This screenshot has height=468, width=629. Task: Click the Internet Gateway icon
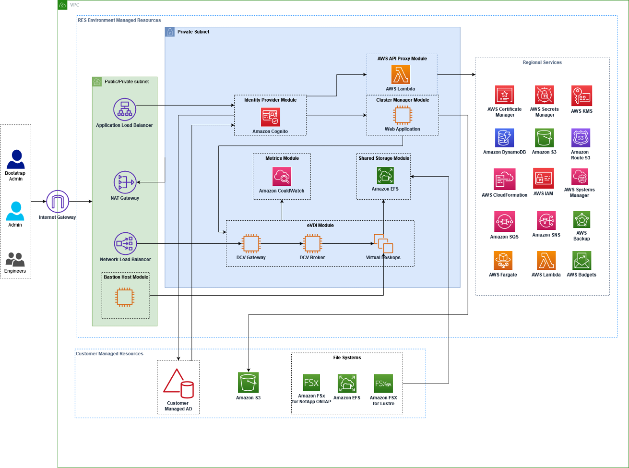click(58, 201)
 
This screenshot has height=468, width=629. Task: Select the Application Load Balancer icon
click(125, 109)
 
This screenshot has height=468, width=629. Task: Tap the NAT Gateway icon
click(125, 182)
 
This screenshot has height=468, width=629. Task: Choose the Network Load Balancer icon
click(125, 243)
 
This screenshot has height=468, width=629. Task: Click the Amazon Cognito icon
click(270, 117)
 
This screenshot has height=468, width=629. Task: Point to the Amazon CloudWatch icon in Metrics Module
click(282, 176)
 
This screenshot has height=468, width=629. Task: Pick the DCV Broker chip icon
click(312, 243)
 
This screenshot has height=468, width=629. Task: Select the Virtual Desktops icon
click(383, 243)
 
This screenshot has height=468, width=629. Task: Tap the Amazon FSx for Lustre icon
click(383, 384)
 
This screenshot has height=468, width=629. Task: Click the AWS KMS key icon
click(582, 96)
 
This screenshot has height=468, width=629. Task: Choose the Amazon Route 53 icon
click(581, 138)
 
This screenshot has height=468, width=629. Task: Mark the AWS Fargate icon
click(503, 260)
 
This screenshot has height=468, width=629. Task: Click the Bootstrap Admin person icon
click(16, 159)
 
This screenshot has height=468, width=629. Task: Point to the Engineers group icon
click(15, 259)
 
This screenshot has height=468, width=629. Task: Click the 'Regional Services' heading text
click(542, 62)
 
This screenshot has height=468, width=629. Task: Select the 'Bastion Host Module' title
click(126, 277)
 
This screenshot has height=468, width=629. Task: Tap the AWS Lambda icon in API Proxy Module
click(401, 75)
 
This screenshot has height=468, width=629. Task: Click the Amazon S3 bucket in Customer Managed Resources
click(248, 382)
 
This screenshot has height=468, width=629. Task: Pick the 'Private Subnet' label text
click(193, 32)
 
